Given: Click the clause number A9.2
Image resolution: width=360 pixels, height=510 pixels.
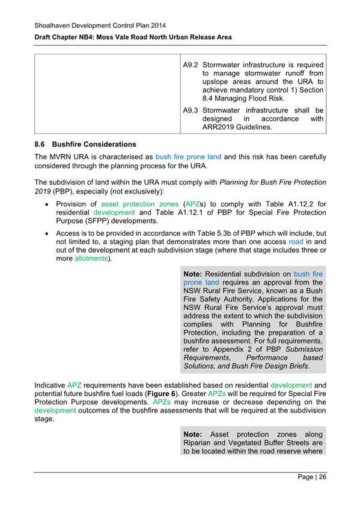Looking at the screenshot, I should [x=191, y=65].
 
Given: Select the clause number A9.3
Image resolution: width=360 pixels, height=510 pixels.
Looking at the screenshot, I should [x=191, y=110].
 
